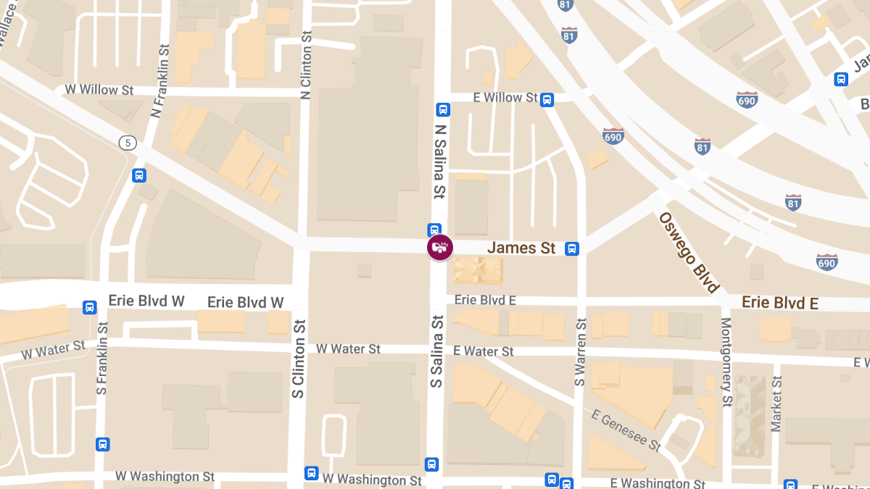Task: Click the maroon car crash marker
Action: point(439,248)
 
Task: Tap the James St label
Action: point(521,248)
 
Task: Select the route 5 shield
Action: point(128,143)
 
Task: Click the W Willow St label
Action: point(99,90)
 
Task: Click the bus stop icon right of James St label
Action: point(572,248)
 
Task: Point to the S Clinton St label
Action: point(298,359)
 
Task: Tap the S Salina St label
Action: point(436,351)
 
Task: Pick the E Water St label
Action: point(484,351)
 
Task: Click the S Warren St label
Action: point(580,352)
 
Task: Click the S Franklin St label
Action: point(101,359)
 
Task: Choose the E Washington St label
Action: point(658,483)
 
